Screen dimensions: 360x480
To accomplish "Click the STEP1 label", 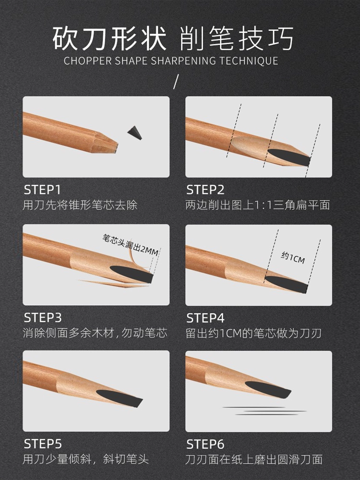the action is [x=42, y=190].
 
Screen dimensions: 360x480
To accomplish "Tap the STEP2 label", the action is [x=205, y=190].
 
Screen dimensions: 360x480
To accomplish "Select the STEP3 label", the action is [x=43, y=318].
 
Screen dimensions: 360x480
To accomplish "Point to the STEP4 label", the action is [x=205, y=318].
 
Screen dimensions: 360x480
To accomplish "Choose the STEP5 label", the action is [x=43, y=444].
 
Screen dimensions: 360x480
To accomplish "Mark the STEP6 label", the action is [x=205, y=444].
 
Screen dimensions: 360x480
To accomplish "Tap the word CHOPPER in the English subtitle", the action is [x=88, y=60].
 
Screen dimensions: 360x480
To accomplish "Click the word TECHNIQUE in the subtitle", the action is [x=249, y=60].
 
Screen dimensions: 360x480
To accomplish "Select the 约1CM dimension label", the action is [x=293, y=258].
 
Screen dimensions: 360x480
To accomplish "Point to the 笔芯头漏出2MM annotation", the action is [x=131, y=245].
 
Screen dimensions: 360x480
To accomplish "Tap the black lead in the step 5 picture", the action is [x=120, y=398].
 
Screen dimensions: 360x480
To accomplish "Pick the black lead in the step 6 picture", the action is [x=268, y=389].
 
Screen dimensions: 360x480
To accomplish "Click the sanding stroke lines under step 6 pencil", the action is [x=264, y=411].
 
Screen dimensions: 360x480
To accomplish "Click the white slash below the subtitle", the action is [x=176, y=82].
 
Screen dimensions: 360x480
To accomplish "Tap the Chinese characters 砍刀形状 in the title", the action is [x=109, y=38].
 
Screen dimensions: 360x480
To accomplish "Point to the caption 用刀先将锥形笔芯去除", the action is [x=80, y=205].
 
